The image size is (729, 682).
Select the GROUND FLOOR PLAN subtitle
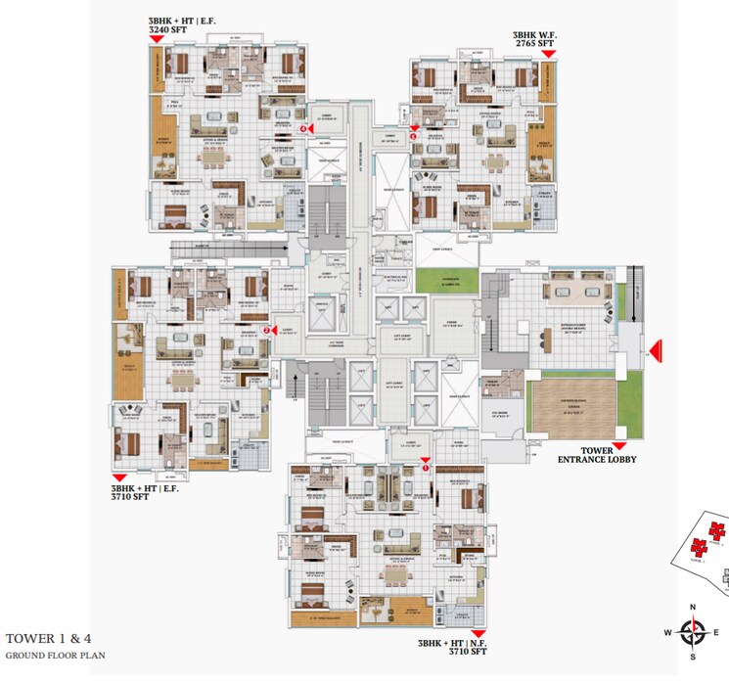tap(55, 655)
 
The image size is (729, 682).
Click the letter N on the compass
tap(693, 607)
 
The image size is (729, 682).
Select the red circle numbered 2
tap(266, 330)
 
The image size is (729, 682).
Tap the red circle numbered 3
tap(414, 136)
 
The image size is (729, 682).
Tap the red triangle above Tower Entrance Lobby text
tap(618, 446)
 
